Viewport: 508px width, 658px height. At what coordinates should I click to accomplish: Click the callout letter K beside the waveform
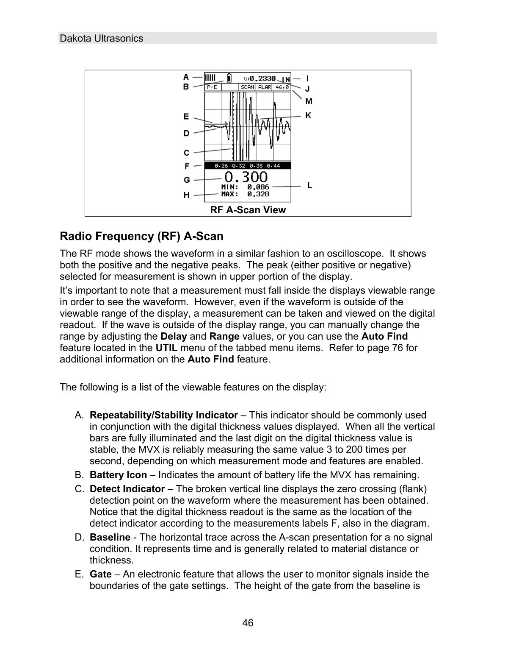point(308,115)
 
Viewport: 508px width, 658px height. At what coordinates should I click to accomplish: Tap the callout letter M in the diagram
point(309,101)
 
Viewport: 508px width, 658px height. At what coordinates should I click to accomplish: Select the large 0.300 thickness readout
point(246,177)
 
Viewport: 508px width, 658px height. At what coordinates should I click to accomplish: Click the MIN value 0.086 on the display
point(258,187)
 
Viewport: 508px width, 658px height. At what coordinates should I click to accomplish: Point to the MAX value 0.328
point(258,194)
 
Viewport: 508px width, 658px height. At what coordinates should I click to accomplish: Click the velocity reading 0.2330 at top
point(262,78)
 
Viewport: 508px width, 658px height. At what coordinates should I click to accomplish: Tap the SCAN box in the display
point(247,87)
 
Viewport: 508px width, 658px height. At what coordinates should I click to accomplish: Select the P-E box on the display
point(212,87)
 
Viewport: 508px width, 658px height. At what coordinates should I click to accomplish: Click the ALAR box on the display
point(265,87)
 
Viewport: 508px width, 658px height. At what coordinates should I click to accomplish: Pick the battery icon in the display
point(229,78)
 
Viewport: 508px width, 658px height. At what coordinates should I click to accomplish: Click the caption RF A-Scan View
point(248,210)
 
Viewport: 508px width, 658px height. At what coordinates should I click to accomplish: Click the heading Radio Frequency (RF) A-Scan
point(141,236)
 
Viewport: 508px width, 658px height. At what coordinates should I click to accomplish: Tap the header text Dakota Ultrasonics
point(102,39)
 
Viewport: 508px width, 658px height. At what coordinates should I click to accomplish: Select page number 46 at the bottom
point(248,623)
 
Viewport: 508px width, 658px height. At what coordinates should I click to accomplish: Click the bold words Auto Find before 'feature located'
point(384,337)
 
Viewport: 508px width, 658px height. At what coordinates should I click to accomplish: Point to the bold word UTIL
point(167,348)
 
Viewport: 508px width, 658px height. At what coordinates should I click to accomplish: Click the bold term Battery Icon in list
point(118,475)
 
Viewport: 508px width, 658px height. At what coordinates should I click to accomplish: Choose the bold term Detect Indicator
point(127,489)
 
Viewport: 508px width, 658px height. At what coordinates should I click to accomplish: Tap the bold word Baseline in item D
point(110,537)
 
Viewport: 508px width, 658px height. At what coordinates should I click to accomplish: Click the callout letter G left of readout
point(187,180)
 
